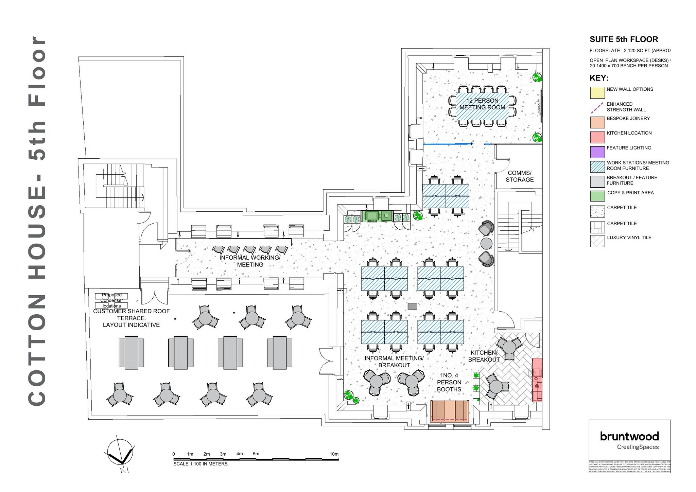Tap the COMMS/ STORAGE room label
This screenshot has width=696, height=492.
[x=519, y=176]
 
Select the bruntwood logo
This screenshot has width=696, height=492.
[x=629, y=436]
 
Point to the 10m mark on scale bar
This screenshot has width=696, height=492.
[x=334, y=454]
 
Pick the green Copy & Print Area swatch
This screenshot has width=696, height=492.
[x=597, y=196]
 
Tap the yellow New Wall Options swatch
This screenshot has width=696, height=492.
[x=597, y=93]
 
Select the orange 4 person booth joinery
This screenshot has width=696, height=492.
[x=449, y=411]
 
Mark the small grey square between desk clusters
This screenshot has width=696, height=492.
[x=412, y=306]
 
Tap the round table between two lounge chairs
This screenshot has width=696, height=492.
[x=486, y=243]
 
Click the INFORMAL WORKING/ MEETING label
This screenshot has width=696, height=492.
[x=250, y=261]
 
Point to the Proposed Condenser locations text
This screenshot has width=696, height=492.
[x=111, y=300]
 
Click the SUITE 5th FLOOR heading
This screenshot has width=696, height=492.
[x=624, y=39]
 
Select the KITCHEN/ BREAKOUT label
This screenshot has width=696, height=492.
[x=484, y=356]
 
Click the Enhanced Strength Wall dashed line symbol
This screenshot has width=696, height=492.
[x=597, y=108]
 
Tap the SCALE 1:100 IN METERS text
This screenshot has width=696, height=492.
[x=200, y=464]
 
